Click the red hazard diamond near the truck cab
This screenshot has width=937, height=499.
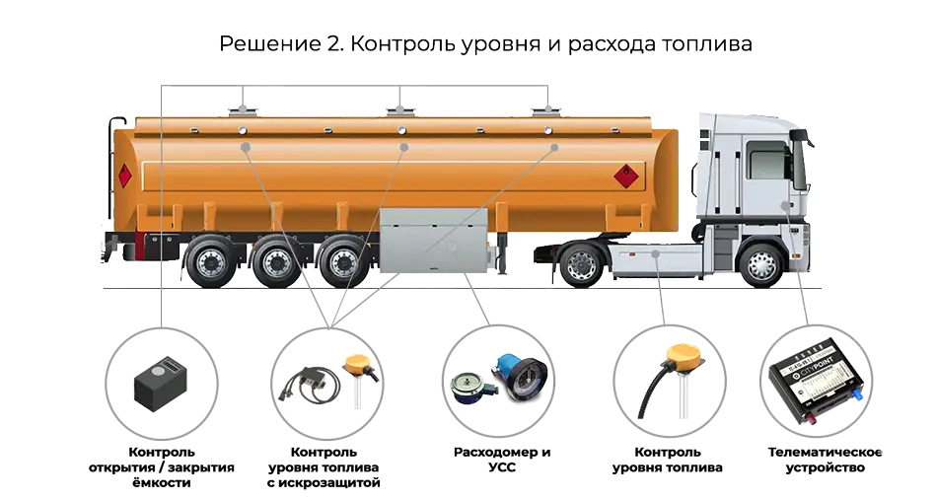pyautogui.click(x=625, y=176)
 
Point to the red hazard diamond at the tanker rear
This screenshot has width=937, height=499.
pyautogui.click(x=124, y=176)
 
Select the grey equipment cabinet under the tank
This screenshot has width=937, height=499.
pyautogui.click(x=434, y=241)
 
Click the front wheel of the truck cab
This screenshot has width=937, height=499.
pyautogui.click(x=761, y=263)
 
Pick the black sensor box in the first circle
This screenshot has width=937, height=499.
pyautogui.click(x=161, y=383)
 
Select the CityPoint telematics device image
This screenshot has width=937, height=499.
pyautogui.click(x=817, y=382)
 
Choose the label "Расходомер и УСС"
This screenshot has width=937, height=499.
pyautogui.click(x=502, y=460)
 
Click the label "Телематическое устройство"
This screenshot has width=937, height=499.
pyautogui.click(x=825, y=460)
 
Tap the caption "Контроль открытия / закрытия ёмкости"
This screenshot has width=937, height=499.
pyautogui.click(x=162, y=467)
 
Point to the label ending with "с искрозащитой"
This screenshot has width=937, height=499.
pyautogui.click(x=324, y=467)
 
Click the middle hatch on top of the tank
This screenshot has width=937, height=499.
pyautogui.click(x=399, y=110)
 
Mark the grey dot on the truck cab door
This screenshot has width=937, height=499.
pyautogui.click(x=786, y=205)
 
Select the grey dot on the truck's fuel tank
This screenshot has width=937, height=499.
pyautogui.click(x=656, y=253)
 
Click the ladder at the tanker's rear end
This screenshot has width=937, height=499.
pyautogui.click(x=111, y=168)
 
